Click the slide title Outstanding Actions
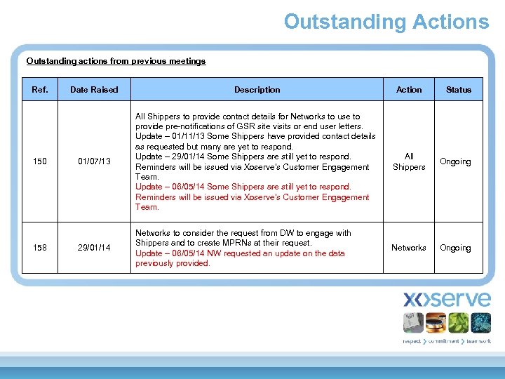point(386,22)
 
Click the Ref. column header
point(40,90)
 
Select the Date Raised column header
point(94,90)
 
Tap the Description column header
point(257,90)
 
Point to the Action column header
point(409,90)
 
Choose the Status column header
point(459,90)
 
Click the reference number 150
point(40,162)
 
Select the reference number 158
point(40,248)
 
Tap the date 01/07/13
point(94,162)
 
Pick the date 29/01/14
point(94,248)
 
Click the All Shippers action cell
point(409,162)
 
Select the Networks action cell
point(409,248)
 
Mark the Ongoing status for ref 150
point(455,162)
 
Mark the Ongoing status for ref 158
point(455,248)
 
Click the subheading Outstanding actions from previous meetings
point(116,61)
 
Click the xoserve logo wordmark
point(447,300)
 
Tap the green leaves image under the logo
point(458,323)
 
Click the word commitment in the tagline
point(445,341)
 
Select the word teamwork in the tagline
point(478,341)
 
